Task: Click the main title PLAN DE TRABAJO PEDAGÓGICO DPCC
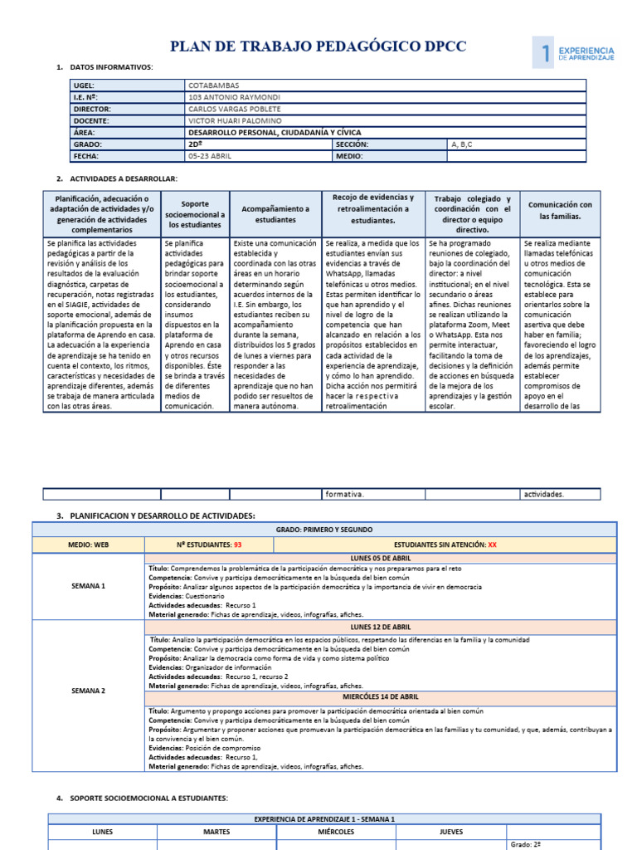[x=318, y=47]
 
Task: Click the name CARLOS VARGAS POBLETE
[x=235, y=109]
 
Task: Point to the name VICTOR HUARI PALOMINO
[x=235, y=120]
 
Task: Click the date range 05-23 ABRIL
[x=210, y=155]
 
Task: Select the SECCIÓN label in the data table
[x=352, y=144]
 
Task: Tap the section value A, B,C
[x=461, y=144]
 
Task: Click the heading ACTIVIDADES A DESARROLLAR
[x=124, y=178]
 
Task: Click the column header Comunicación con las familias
[x=560, y=210]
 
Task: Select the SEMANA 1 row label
[x=89, y=586]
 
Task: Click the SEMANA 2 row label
[x=89, y=691]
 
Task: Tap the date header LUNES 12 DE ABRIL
[x=381, y=627]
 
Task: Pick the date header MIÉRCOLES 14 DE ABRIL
[x=381, y=697]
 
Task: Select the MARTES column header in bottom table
[x=216, y=831]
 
